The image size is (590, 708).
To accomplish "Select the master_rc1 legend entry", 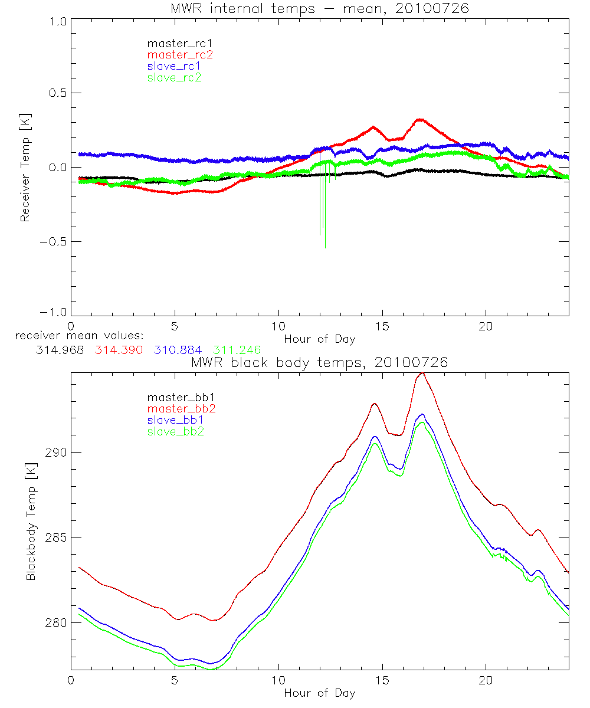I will tap(174, 43).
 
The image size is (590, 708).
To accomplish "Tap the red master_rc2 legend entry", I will tap(179, 55).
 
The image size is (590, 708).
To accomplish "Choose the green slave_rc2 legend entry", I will tap(174, 77).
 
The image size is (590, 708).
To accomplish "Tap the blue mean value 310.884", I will tap(178, 350).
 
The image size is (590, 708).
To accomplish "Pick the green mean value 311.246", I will tap(237, 350).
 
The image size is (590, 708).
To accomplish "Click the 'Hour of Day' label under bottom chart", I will tap(319, 693).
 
